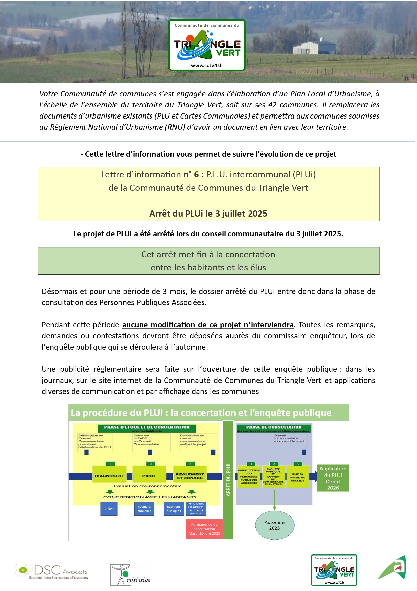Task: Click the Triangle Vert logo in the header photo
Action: [207, 45]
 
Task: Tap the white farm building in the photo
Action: [306, 48]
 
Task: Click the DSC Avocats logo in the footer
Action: [51, 571]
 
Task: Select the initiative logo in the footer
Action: [130, 574]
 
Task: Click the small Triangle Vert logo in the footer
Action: [334, 570]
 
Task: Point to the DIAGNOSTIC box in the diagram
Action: [109, 475]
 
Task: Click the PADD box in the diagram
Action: [149, 475]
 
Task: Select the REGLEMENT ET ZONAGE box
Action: [190, 475]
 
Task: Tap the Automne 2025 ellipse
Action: [274, 525]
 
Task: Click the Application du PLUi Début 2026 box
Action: [333, 478]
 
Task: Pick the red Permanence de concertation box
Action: [204, 529]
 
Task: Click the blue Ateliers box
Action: [109, 508]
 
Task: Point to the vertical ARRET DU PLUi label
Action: [228, 480]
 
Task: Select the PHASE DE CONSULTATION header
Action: [273, 427]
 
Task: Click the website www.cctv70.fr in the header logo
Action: [207, 66]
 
